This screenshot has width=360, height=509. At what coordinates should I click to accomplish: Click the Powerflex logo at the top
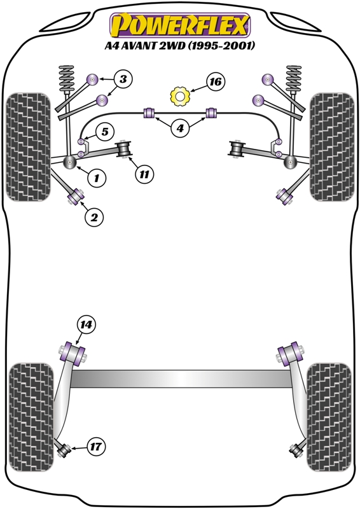click(x=180, y=25)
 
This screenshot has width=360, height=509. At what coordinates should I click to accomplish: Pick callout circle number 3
click(x=123, y=80)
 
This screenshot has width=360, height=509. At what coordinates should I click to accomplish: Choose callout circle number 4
click(x=180, y=129)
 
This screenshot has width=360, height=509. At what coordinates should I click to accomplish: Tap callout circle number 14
click(x=86, y=324)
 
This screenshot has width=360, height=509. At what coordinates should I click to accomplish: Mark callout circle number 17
click(x=97, y=446)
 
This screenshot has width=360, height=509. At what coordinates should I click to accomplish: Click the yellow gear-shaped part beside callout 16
click(x=180, y=96)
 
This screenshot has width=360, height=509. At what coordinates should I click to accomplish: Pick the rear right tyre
click(x=329, y=417)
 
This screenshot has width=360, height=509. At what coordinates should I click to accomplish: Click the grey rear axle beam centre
click(x=180, y=379)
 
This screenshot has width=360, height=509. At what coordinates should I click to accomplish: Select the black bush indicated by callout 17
click(x=64, y=449)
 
